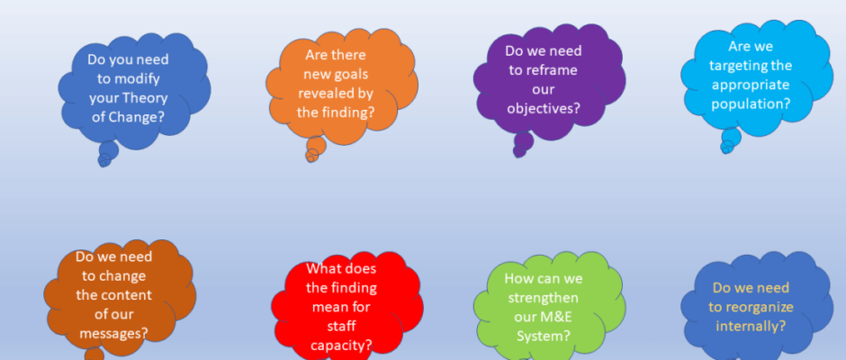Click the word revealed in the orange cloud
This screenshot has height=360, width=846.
point(321,93)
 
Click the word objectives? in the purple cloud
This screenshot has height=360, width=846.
point(544,109)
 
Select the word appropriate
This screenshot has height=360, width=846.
point(751,85)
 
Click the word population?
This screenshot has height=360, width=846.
point(751,103)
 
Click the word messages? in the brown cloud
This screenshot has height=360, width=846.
point(113,334)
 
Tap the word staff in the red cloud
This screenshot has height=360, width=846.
point(341,326)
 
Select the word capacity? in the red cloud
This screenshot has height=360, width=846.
point(341,346)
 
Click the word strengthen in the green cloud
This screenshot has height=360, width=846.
point(544,298)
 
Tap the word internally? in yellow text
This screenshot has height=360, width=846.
point(751,326)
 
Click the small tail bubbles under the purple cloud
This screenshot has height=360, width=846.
point(522,144)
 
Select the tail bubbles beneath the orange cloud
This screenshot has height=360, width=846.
point(315,148)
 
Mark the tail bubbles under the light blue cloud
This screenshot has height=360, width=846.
point(730,140)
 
